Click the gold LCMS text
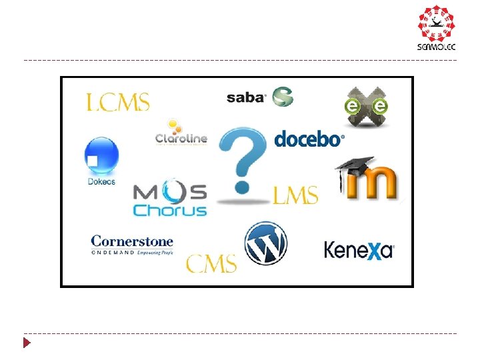coord(118,102)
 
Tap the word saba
coord(246,97)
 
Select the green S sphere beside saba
coord(281,96)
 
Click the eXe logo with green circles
coord(366,107)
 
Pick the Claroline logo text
coord(181,139)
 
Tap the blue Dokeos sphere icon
coord(101,156)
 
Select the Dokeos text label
coord(101,181)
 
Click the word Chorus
coord(170,210)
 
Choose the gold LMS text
coord(295,195)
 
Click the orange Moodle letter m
coord(373,183)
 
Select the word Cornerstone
coord(132,241)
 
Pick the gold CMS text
coord(211,263)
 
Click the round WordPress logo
coord(266,243)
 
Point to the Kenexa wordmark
coord(359,250)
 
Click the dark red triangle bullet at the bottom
coord(27,344)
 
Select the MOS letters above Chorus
coord(170,192)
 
